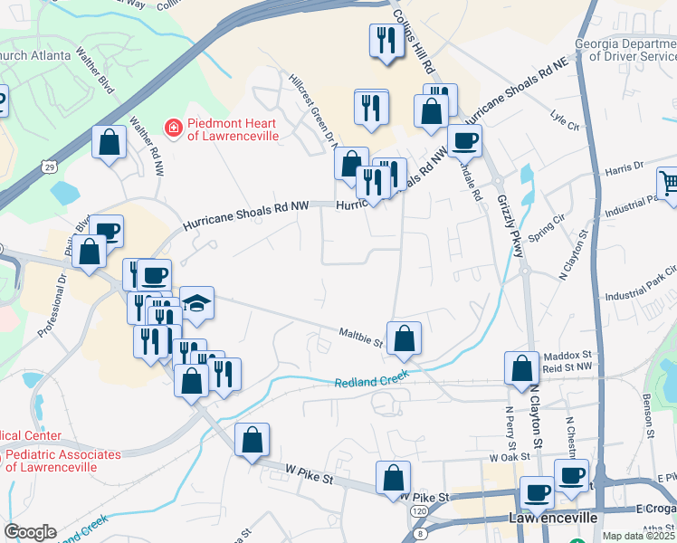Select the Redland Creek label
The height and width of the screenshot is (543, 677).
372,377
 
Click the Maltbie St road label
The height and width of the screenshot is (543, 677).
360,337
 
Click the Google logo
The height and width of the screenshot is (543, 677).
30,532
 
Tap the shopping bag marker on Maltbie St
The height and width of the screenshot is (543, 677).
404,338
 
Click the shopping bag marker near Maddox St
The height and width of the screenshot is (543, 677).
521,368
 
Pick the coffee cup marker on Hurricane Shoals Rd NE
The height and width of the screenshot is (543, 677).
464,140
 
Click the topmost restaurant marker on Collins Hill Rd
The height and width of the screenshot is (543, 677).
386,40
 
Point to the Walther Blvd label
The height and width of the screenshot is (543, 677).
97,72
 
